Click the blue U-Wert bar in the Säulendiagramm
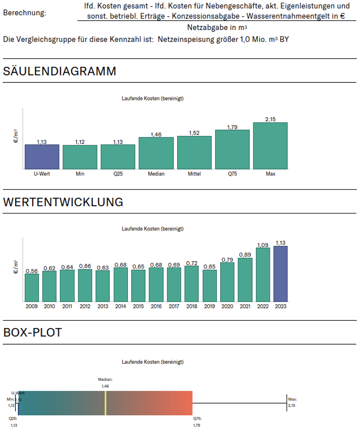(42, 157)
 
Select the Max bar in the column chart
(270, 146)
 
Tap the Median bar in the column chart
(156, 153)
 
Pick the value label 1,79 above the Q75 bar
(232, 127)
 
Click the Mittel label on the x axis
(194, 174)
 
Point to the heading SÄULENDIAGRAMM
(60, 71)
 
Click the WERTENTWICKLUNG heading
(63, 202)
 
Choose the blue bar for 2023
(280, 274)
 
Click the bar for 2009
(32, 287)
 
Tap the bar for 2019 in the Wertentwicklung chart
(210, 285)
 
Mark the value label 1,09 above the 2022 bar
(263, 245)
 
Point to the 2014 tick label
(121, 306)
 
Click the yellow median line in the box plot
(105, 403)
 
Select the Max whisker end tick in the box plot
(287, 403)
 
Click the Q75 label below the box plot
(197, 419)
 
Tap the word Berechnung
(25, 13)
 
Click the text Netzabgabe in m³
(217, 27)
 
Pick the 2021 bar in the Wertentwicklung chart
(245, 279)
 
